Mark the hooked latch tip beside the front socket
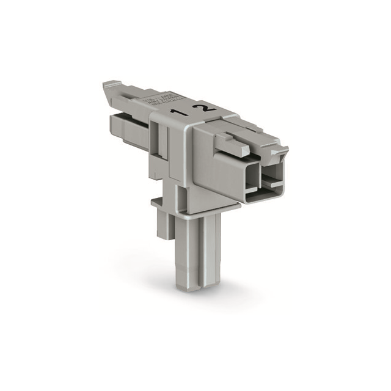click(285, 152)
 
